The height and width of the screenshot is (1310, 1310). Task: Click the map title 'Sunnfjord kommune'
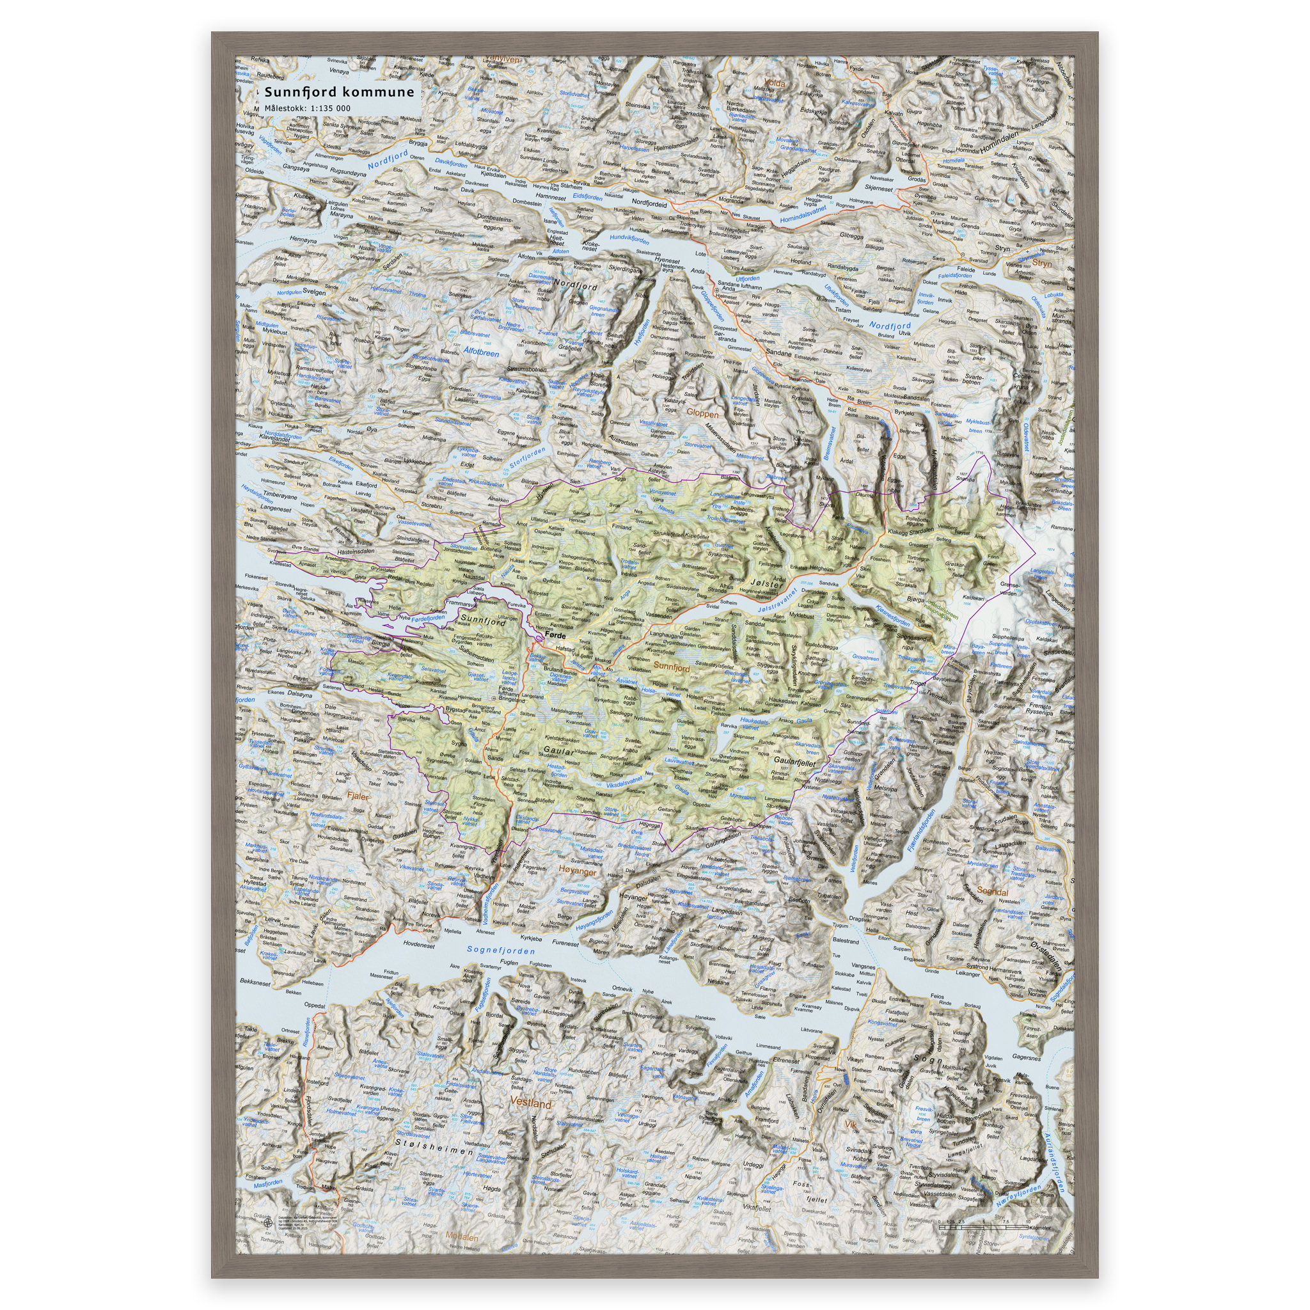coord(338,92)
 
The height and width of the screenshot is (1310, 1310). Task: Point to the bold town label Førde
coord(555,636)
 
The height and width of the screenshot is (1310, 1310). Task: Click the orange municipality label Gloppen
coord(702,413)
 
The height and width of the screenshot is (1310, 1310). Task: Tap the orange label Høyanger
coord(578,872)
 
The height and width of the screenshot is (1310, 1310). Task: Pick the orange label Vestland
coord(531,1103)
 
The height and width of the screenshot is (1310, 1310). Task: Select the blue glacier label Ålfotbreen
coord(482,353)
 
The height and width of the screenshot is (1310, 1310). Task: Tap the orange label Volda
coord(774,84)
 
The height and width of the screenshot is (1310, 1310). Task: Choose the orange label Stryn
coord(1042,263)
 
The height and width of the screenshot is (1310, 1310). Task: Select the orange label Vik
coord(850,1125)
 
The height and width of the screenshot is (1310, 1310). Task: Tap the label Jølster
coord(767,583)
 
